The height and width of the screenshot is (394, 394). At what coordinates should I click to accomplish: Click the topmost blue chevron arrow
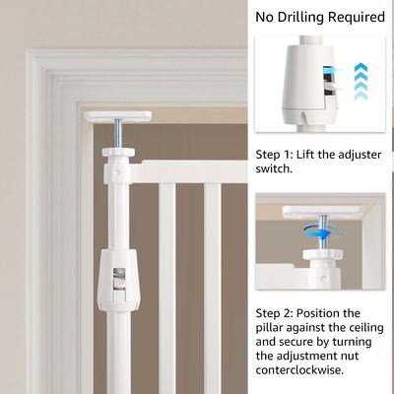tap(361, 68)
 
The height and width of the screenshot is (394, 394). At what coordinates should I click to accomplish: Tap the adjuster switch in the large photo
tap(118, 283)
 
